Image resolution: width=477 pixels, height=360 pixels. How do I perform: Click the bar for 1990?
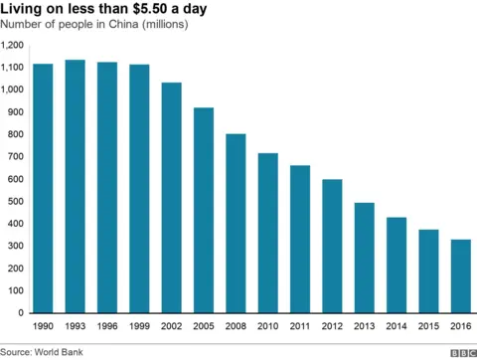coord(43,188)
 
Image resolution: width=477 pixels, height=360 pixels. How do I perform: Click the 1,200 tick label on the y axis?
coord(13,46)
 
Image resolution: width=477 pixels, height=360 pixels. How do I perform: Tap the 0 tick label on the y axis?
coord(22,313)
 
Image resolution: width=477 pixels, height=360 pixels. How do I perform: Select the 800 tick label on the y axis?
coord(17,135)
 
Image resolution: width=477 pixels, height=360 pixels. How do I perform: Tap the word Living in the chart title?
coord(23,9)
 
